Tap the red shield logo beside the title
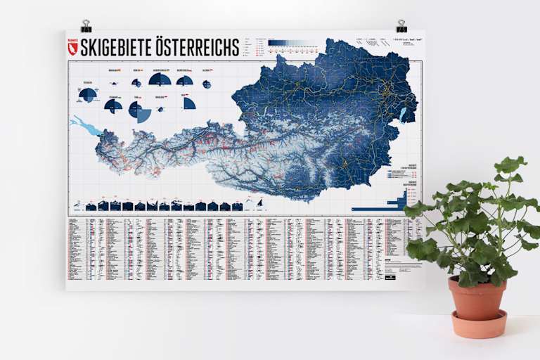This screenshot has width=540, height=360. pyautogui.click(x=72, y=46)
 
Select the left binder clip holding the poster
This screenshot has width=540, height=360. pyautogui.click(x=86, y=27)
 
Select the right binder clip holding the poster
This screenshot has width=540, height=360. pyautogui.click(x=401, y=27)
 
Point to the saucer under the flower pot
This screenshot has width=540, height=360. pyautogui.click(x=479, y=324)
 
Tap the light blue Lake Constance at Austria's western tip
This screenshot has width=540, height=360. pyautogui.click(x=83, y=127)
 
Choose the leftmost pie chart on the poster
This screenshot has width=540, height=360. pyautogui.click(x=88, y=94)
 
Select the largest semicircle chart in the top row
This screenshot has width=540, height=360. pyautogui.click(x=160, y=79)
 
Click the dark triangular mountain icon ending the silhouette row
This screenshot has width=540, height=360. pyautogui.click(x=259, y=203)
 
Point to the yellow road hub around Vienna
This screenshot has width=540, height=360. pyautogui.click(x=384, y=89)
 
